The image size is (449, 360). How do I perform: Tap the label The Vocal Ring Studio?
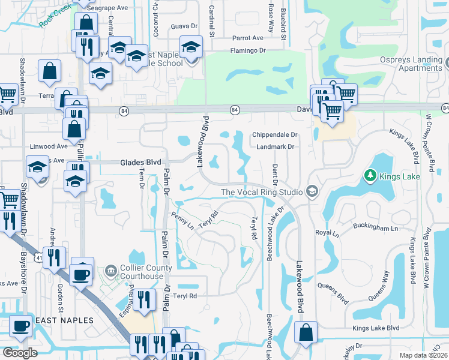[x=262, y=192]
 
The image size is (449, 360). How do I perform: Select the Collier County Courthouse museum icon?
[x=110, y=271]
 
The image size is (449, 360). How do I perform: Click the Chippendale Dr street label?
[x=275, y=135]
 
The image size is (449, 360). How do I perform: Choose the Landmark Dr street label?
[x=274, y=146]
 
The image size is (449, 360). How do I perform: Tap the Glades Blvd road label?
[x=140, y=162]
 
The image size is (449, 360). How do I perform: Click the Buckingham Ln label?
[x=378, y=229]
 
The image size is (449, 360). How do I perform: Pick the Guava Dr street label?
[x=184, y=26]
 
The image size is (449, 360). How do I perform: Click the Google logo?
[x=20, y=353]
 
